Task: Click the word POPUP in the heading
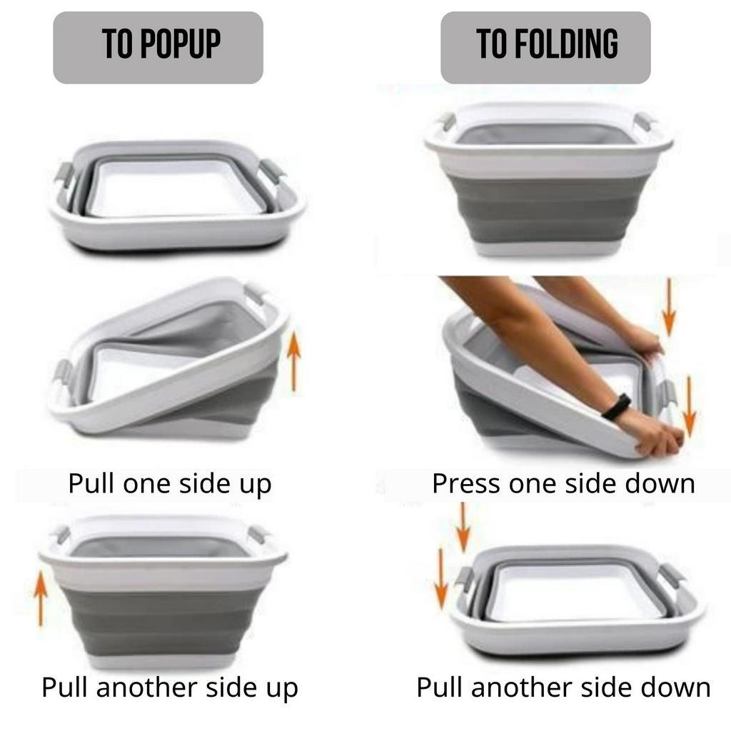180,44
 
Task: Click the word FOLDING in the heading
566,44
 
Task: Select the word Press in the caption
467,483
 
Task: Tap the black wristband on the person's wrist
615,406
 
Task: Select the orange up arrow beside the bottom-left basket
41,598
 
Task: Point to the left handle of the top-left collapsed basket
64,175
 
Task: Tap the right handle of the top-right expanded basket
644,121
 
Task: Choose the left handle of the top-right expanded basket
447,121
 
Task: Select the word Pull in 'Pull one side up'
91,483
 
